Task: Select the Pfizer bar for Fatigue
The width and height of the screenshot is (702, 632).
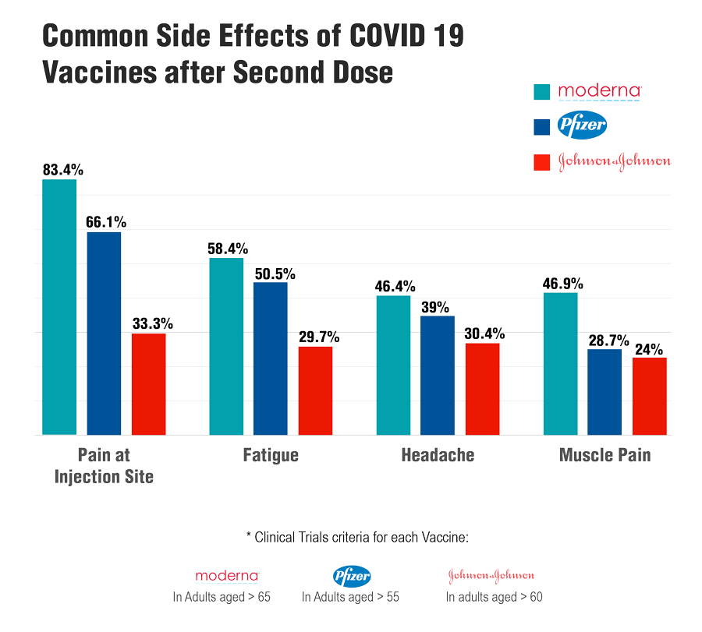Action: [x=271, y=358]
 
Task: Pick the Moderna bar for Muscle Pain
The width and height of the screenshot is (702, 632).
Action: [x=560, y=363]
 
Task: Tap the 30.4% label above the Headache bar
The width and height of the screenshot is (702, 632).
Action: [x=483, y=333]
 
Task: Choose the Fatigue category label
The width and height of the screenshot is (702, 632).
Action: [x=271, y=455]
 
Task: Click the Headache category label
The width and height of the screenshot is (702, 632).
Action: [x=438, y=455]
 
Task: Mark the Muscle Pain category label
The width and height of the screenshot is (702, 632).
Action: [x=604, y=455]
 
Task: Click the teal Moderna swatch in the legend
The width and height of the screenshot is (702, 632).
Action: [x=543, y=92]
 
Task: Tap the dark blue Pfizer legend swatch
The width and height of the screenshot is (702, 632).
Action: [x=543, y=126]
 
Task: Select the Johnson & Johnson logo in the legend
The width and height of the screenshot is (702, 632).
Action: [x=615, y=161]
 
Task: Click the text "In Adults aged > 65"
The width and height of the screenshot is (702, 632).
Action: [x=222, y=598]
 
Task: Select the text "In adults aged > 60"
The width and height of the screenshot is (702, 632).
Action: [x=494, y=598]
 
